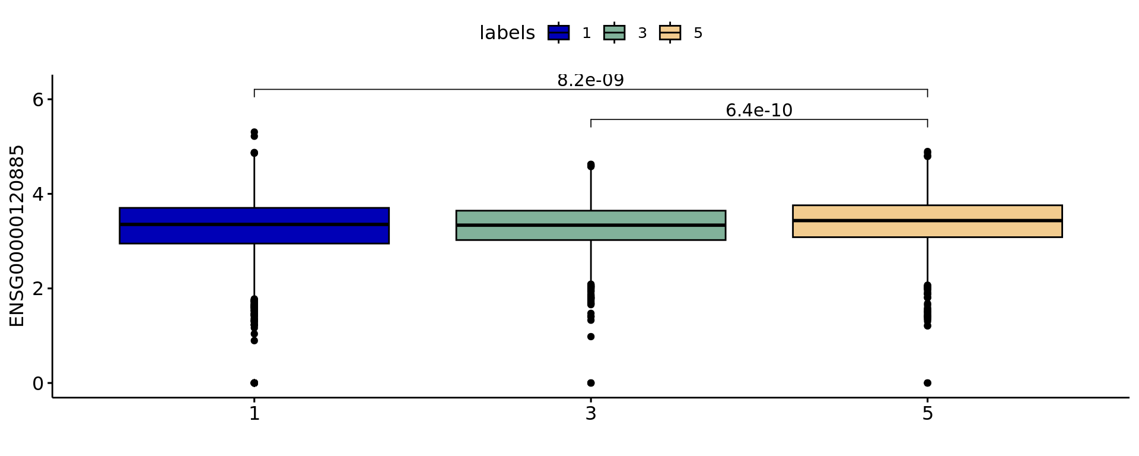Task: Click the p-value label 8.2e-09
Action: (590, 81)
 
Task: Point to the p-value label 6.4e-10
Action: (759, 110)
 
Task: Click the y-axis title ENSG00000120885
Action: (17, 236)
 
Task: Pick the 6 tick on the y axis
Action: (39, 99)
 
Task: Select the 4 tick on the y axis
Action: (39, 194)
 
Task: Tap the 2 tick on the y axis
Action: (39, 289)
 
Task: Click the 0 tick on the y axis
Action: (39, 384)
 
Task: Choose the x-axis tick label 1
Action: (254, 413)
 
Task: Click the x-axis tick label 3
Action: (590, 413)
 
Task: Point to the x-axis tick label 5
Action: (927, 413)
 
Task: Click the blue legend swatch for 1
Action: (558, 33)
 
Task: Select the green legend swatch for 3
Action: (614, 33)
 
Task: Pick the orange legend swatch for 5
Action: (670, 33)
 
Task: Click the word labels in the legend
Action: (507, 33)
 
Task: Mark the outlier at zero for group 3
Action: (590, 383)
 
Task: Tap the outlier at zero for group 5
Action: (927, 383)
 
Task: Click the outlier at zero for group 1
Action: (254, 383)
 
